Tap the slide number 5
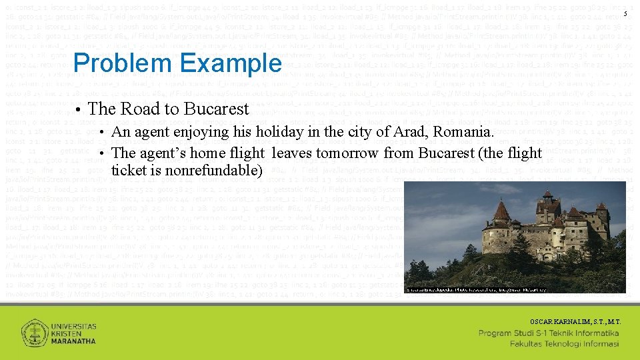625,14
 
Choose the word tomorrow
347,153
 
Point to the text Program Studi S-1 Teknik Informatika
549,333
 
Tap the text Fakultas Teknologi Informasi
564,344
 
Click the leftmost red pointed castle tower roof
501,212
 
